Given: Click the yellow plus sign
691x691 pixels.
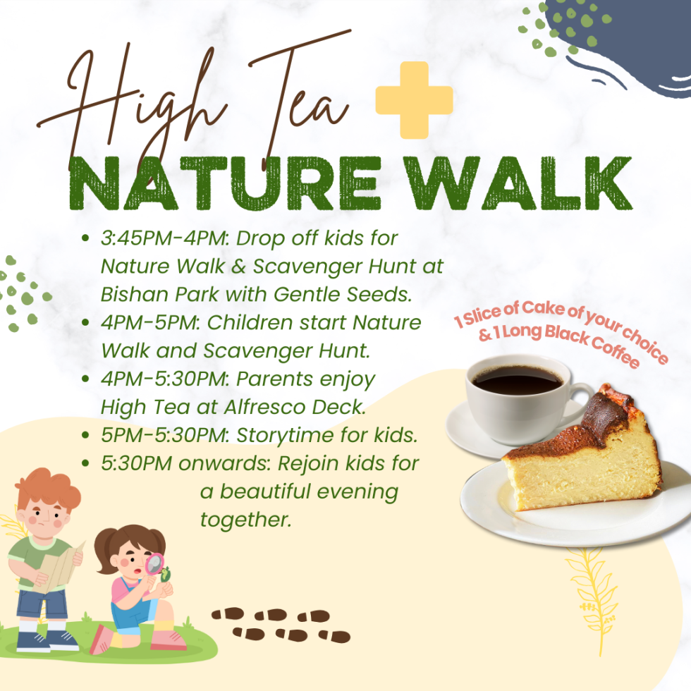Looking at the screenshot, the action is [x=414, y=100].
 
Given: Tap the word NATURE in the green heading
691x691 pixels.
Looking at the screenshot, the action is [x=225, y=183].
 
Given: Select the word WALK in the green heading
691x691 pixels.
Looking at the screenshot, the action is [x=518, y=183].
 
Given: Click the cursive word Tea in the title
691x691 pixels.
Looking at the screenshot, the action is [x=300, y=97].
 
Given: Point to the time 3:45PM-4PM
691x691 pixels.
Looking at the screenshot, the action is [x=163, y=238].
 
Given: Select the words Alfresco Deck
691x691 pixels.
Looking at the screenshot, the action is [x=295, y=407].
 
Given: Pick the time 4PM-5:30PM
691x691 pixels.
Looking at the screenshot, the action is [x=163, y=379].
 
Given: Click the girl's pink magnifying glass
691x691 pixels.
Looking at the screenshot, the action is [x=154, y=565].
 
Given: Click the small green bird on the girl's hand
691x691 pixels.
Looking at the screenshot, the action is [x=166, y=574].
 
